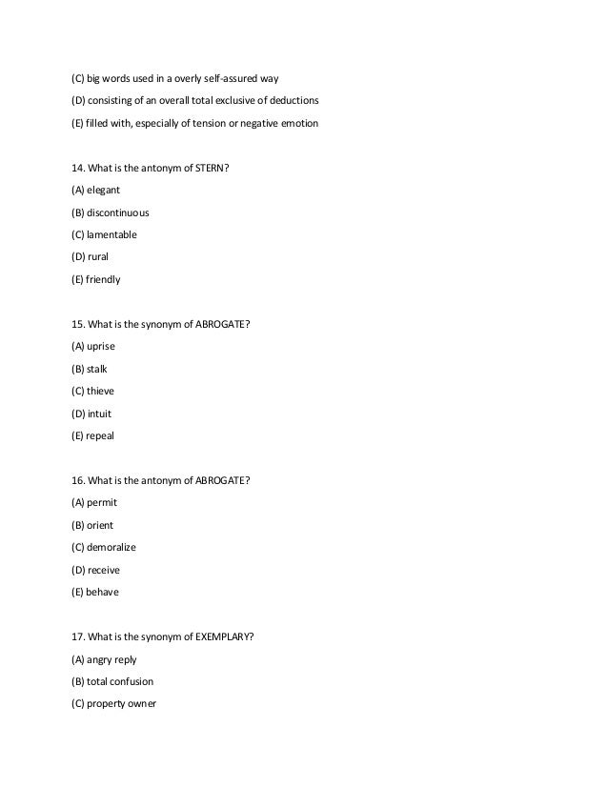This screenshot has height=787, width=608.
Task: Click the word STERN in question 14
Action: pos(211,169)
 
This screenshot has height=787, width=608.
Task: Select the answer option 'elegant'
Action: pos(104,190)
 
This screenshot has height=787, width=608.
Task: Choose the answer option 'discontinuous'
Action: pos(117,212)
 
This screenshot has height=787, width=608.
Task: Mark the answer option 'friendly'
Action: pos(104,280)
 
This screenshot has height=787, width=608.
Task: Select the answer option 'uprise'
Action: pos(102,346)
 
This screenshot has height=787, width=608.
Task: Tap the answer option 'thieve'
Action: pos(101,391)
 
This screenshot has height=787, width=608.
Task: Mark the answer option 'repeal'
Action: pos(101,436)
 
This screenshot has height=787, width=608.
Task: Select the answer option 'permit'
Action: pos(102,502)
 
